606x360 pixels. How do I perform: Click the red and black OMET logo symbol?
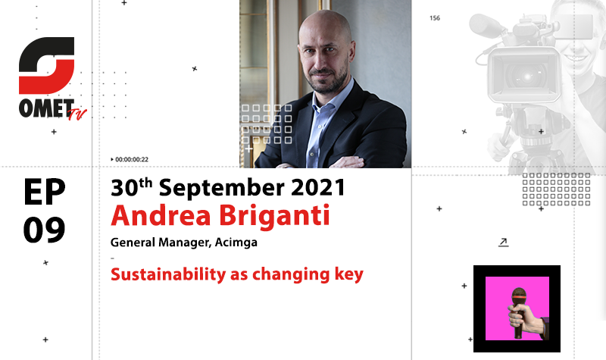coord(46,65)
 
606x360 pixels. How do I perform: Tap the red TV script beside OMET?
coord(77,114)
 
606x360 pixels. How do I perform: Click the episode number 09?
coord(44,230)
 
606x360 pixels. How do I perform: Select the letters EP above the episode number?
coord(44,192)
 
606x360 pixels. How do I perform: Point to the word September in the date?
coord(221,189)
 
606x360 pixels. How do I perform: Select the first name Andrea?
coord(161,215)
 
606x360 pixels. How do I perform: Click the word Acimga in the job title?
coord(236,243)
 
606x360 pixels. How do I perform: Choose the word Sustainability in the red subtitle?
coord(168,274)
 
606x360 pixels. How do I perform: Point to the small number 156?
coord(435,18)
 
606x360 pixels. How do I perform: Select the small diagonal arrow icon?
coord(503,243)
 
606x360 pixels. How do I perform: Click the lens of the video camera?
coord(526,76)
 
